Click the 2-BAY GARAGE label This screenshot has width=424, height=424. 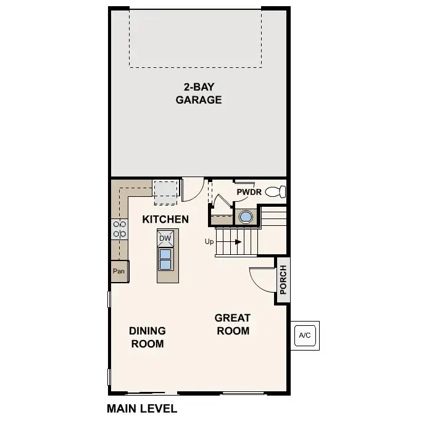pos(199,93)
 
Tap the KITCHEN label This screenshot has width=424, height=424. pos(165,219)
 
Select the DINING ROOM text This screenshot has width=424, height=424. pos(148,337)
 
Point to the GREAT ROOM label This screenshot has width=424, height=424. pos(233,324)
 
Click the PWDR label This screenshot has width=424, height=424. pos(249,192)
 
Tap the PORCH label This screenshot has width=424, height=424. pos(283,280)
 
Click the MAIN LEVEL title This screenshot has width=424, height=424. pos(142,409)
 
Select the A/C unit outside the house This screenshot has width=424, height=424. pos(305,336)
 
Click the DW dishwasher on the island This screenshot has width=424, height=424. pos(165,238)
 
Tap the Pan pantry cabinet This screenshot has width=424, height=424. pos(119,271)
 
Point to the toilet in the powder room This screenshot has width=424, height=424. pos(275,192)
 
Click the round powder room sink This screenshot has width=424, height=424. pos(246,217)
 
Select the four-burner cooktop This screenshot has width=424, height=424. pos(120,229)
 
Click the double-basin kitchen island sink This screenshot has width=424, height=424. pos(165,259)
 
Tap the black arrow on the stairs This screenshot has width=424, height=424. pos(238,242)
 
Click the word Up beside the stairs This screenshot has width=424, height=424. pos(209,241)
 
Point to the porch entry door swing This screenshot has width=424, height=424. pos(262,280)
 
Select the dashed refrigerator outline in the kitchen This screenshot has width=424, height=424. pos(165,193)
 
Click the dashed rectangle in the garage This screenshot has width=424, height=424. pos(195,38)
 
